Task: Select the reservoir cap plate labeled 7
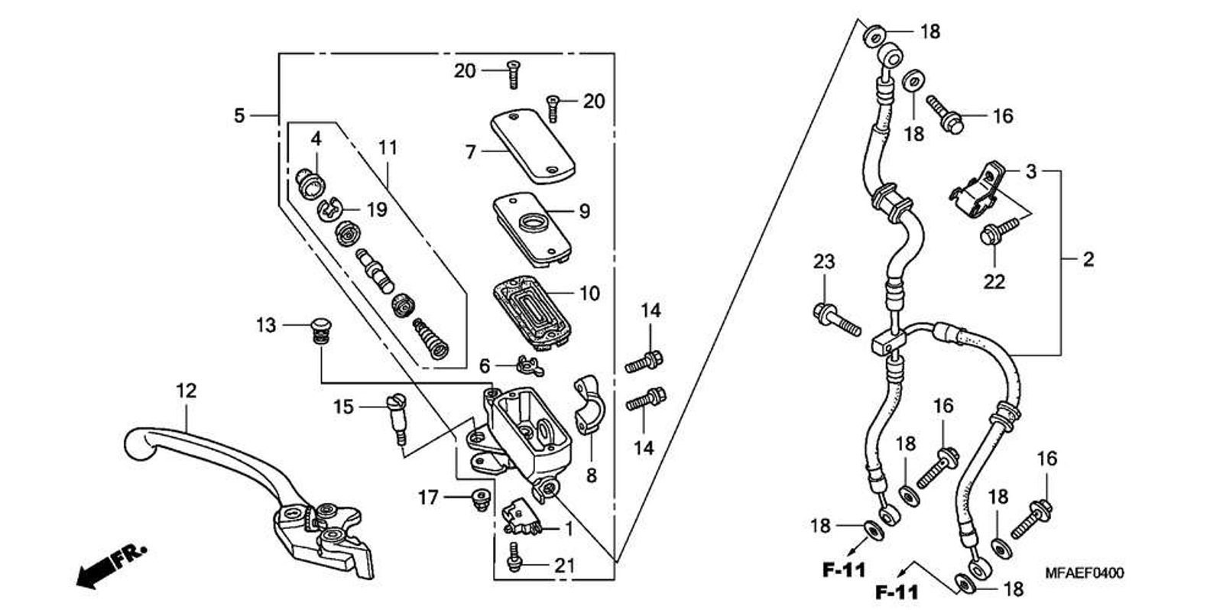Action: [532, 145]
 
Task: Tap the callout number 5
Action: [239, 115]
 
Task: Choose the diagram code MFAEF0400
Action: [1085, 573]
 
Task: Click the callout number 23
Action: [824, 261]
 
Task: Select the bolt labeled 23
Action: [837, 320]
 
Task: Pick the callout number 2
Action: [1088, 259]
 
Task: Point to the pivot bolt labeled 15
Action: [398, 420]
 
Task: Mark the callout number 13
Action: [267, 326]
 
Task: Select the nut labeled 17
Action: [480, 499]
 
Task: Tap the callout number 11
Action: [388, 148]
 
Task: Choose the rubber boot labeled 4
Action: [310, 183]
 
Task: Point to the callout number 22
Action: [994, 282]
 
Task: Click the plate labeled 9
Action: [532, 229]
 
